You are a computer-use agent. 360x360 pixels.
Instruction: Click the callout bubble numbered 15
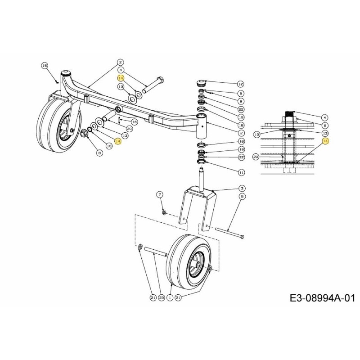[x=45, y=66]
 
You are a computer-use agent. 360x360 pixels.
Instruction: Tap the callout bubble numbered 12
[x=240, y=84]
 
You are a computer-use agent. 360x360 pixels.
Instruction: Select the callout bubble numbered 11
[x=241, y=172]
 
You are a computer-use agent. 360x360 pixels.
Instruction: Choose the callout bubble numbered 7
[x=159, y=194]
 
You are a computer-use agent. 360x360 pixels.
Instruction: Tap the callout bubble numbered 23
[x=161, y=297]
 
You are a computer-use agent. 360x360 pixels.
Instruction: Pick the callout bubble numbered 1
[x=170, y=297]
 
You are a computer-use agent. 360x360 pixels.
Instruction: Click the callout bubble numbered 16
[x=135, y=122]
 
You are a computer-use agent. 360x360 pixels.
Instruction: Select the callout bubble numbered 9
[x=241, y=102]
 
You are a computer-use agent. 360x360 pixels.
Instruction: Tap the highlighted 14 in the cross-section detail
[x=325, y=141]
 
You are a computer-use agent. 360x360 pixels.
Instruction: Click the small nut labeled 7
[x=164, y=212]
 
